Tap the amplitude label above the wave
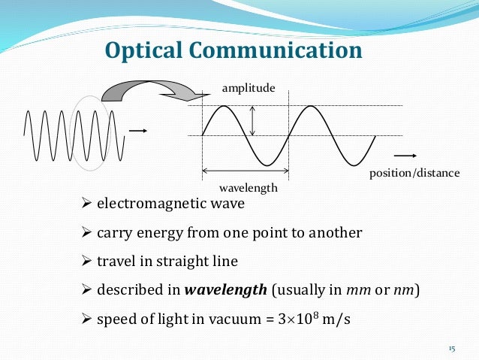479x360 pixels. point(249,89)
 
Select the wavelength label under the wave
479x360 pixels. point(248,187)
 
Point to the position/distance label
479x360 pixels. point(414,173)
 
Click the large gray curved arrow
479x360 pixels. point(150,89)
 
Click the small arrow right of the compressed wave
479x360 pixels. point(137,131)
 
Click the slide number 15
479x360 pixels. point(451,349)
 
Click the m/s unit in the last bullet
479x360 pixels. point(335,318)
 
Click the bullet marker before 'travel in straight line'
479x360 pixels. point(86,262)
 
